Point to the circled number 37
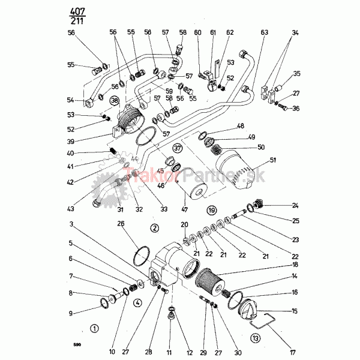tap(177, 148)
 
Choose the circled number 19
tap(211, 211)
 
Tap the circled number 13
tap(256, 337)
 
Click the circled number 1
tap(93, 328)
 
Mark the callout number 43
tap(71, 209)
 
